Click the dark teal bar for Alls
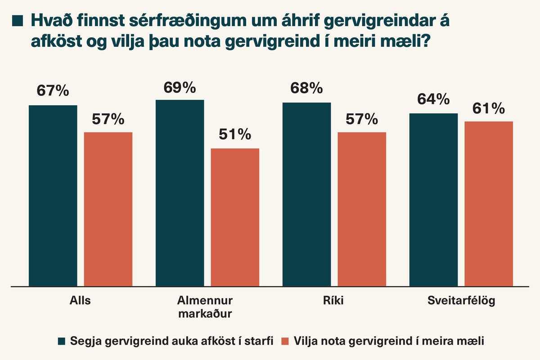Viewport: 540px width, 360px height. pyautogui.click(x=53, y=196)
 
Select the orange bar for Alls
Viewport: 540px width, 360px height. pyautogui.click(x=108, y=209)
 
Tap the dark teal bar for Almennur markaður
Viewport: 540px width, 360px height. pyautogui.click(x=180, y=193)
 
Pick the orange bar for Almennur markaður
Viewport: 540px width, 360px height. pyautogui.click(x=235, y=217)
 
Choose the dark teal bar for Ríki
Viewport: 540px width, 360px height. pyautogui.click(x=306, y=194)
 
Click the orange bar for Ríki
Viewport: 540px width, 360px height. pyautogui.click(x=362, y=209)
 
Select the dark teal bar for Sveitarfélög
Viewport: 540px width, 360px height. pyautogui.click(x=433, y=200)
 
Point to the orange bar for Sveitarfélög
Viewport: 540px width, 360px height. pyautogui.click(x=489, y=204)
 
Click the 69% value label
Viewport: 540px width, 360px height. pyautogui.click(x=180, y=87)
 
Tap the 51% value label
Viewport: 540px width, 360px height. pyautogui.click(x=235, y=135)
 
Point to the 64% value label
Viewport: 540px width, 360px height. pyautogui.click(x=433, y=99)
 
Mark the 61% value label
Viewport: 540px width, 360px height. pyautogui.click(x=489, y=108)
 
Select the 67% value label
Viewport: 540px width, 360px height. pyautogui.click(x=53, y=91)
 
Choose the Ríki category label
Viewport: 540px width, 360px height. pyautogui.click(x=333, y=301)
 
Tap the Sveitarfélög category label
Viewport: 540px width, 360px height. pyautogui.click(x=461, y=301)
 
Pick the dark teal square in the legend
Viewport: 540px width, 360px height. pyautogui.click(x=62, y=341)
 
